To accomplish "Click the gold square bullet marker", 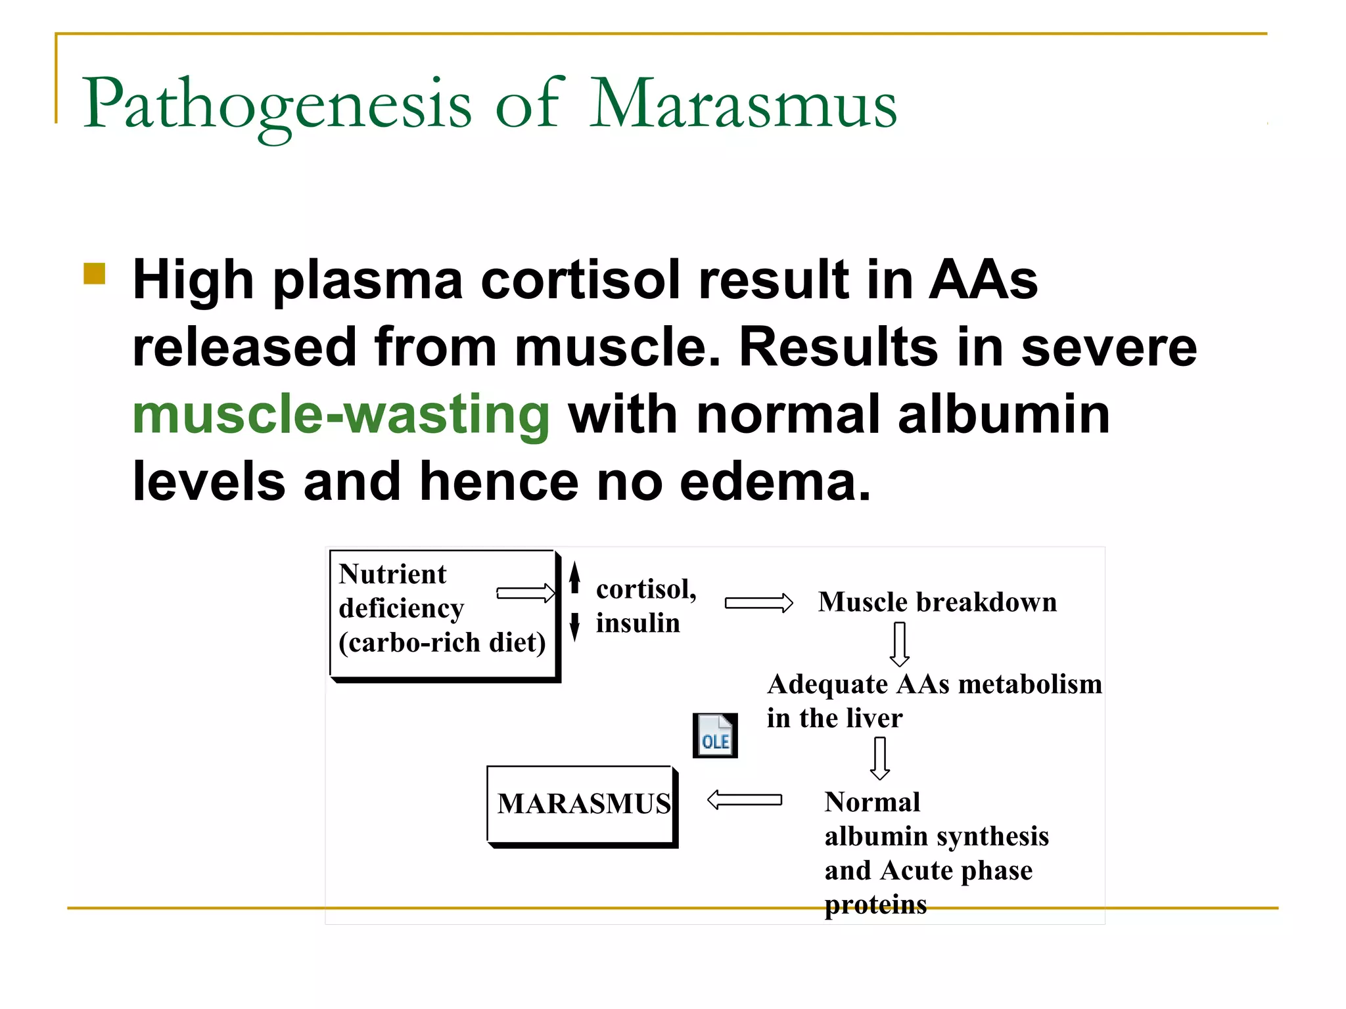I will (x=95, y=274).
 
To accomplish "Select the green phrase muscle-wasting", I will (x=340, y=415).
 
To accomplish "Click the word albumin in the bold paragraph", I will (x=1004, y=415).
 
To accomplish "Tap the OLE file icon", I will (x=715, y=736).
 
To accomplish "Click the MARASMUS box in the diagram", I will (x=582, y=805).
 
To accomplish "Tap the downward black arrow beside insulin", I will (x=575, y=626).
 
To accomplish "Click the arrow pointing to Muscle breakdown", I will (x=758, y=603).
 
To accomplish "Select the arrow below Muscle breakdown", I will (x=900, y=644).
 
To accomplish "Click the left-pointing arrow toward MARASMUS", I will (x=744, y=800).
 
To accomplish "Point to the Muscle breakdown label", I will (x=937, y=602).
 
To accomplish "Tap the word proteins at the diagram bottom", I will (x=875, y=905).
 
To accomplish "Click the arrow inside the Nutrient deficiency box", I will (x=526, y=593).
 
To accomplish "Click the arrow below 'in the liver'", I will (x=880, y=758).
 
